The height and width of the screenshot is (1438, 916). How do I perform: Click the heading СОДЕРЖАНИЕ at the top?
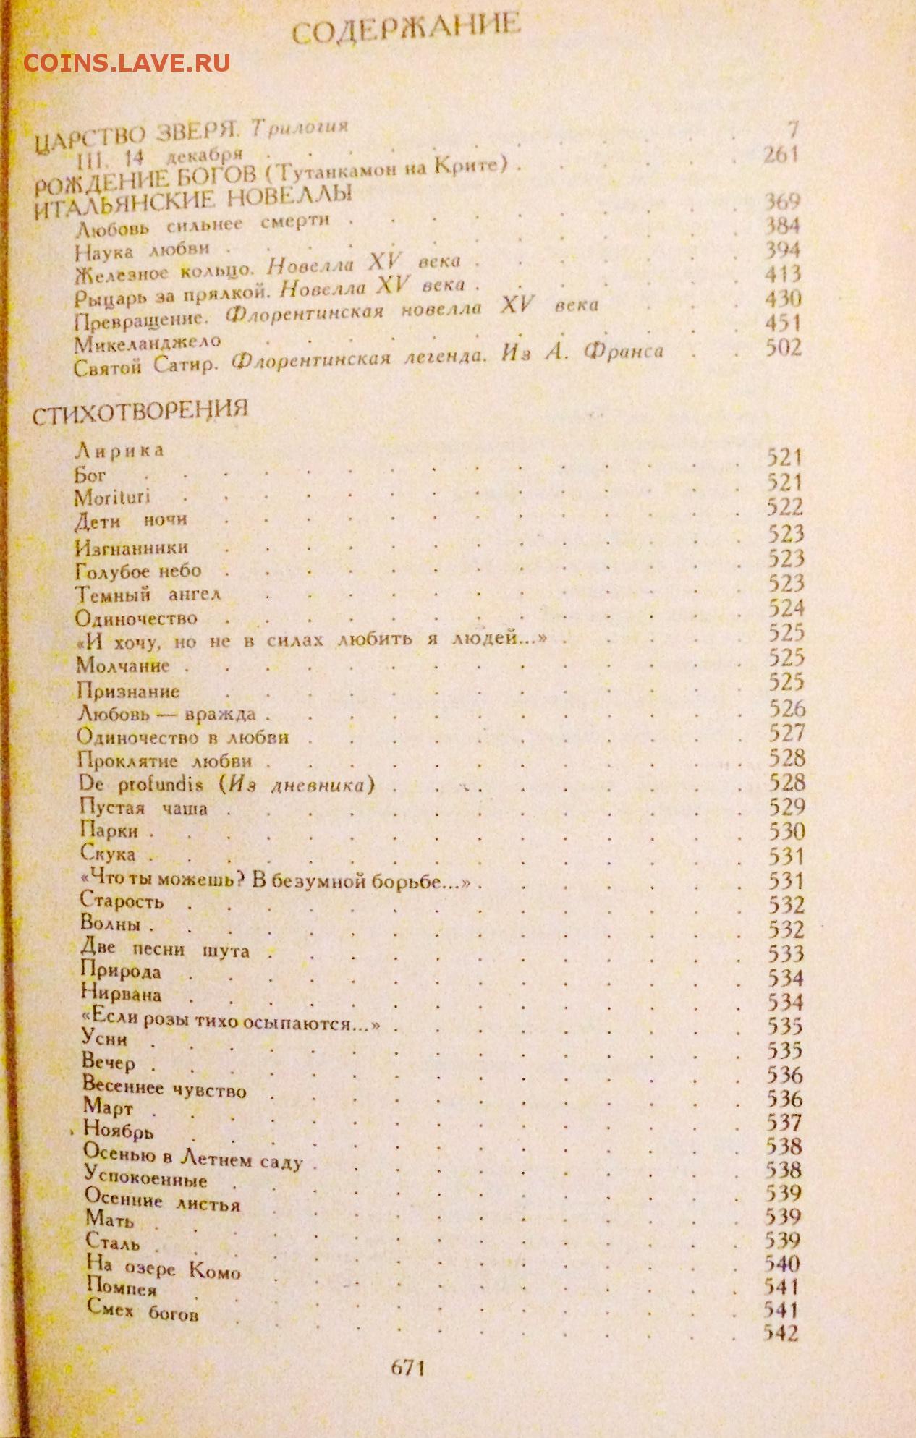tap(406, 31)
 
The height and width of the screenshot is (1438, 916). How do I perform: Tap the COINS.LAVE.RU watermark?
tap(127, 63)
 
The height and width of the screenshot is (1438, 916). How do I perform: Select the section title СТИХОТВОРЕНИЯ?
tap(140, 412)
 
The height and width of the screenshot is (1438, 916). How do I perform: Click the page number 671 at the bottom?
tap(407, 1368)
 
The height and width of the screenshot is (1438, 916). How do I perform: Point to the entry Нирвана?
tap(121, 994)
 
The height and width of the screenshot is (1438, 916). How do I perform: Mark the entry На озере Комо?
tap(163, 1268)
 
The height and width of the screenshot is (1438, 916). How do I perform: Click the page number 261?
tap(781, 154)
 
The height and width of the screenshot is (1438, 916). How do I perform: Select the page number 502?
tap(784, 348)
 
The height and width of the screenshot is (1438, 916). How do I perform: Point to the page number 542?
tap(781, 1332)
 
